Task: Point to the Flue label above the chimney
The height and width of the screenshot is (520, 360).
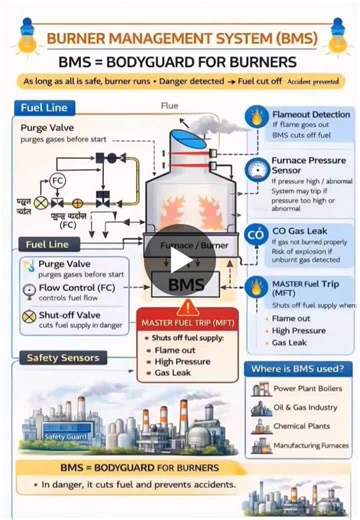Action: (169, 106)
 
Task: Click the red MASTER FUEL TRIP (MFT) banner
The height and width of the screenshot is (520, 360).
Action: (181, 323)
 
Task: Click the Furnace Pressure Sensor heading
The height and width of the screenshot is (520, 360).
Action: (310, 165)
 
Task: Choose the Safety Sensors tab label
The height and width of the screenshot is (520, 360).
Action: (63, 357)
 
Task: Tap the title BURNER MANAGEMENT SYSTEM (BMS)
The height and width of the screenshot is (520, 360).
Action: (181, 40)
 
